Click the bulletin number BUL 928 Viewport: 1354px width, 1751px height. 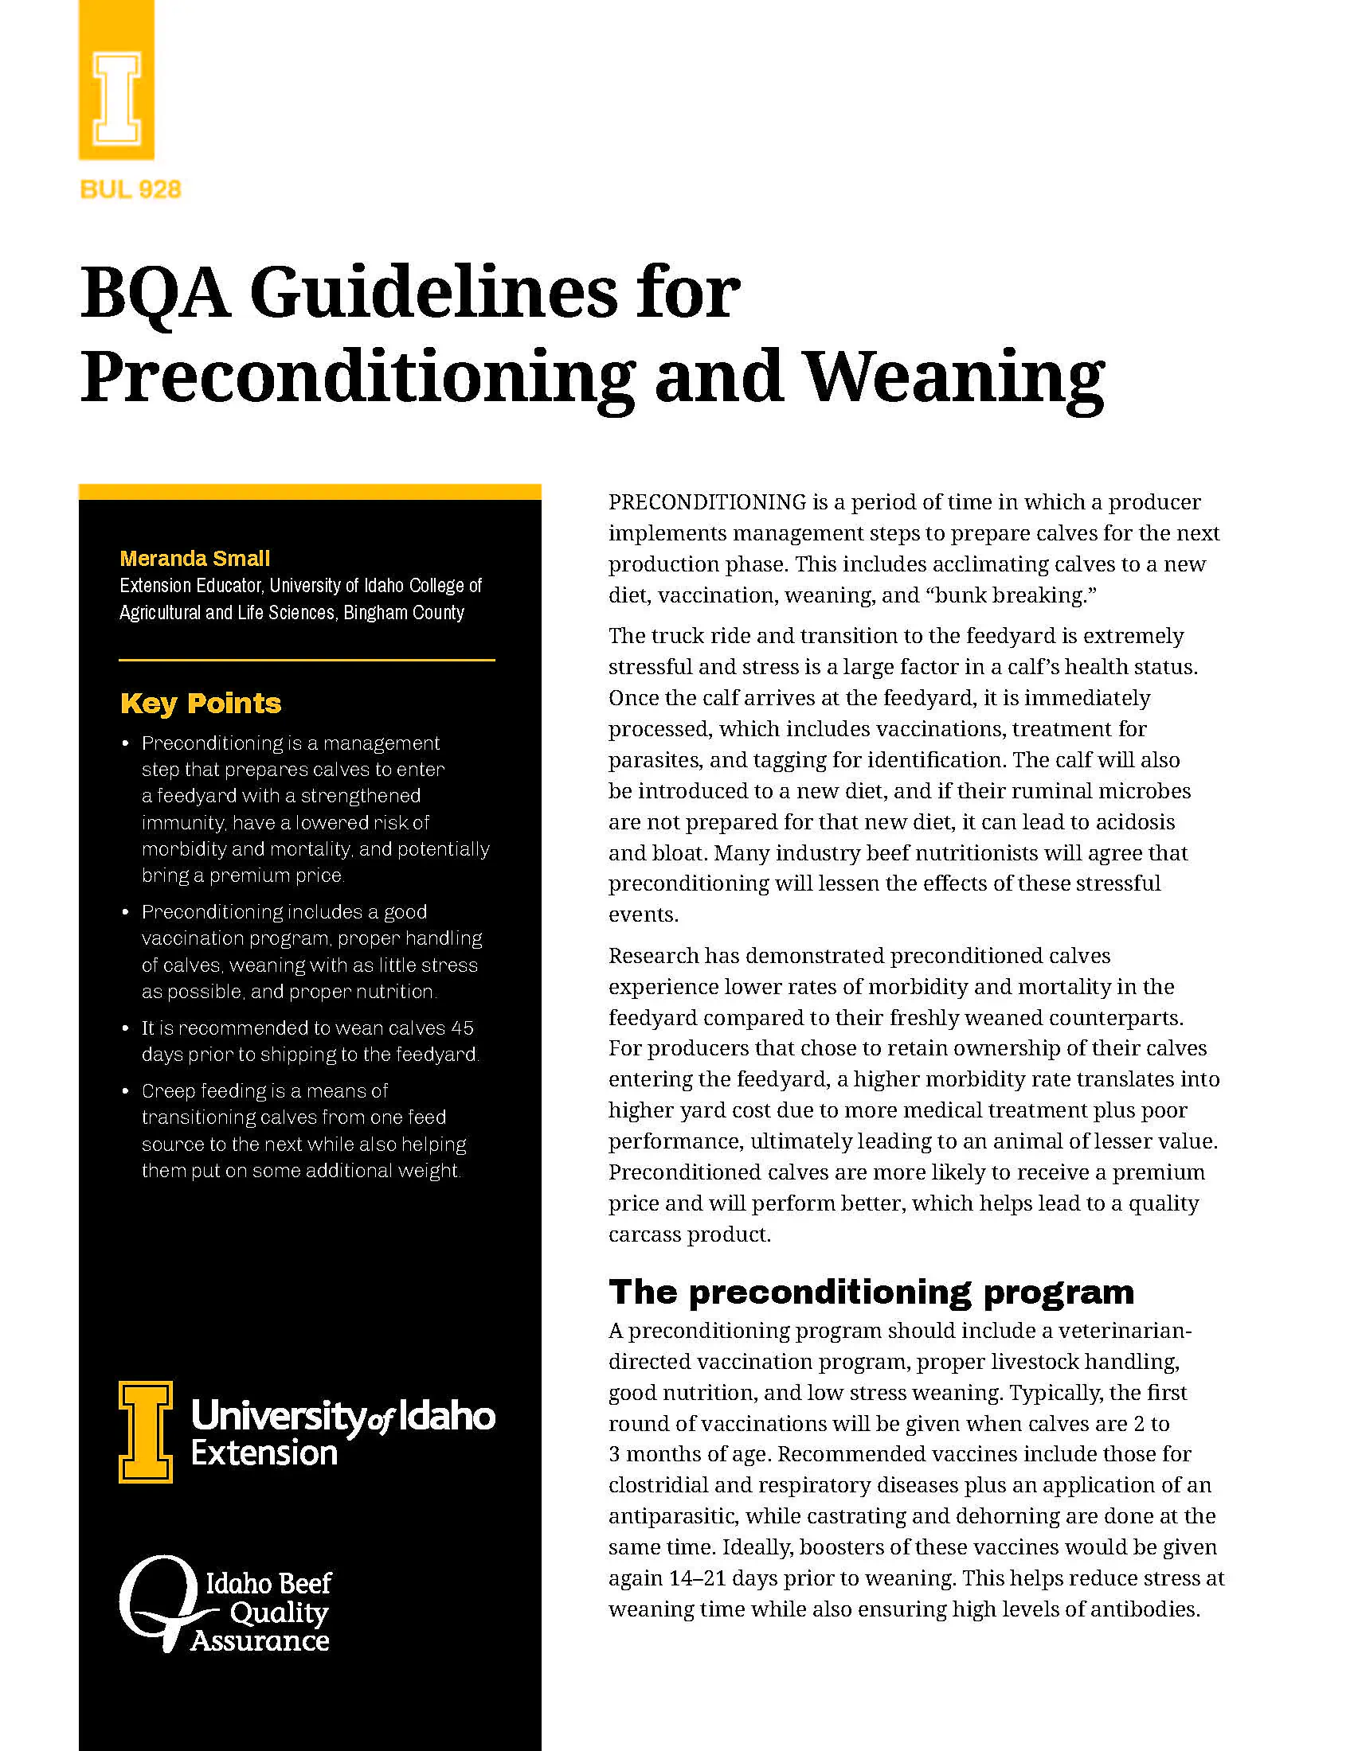click(x=130, y=189)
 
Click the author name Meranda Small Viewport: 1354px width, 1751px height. click(x=195, y=558)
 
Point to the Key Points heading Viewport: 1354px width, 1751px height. click(x=201, y=703)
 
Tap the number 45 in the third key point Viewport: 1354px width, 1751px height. click(x=462, y=1028)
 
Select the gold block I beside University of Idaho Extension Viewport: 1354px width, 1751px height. click(x=145, y=1432)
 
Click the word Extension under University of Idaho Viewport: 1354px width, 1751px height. click(x=264, y=1453)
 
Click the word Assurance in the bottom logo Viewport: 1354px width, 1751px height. click(x=260, y=1640)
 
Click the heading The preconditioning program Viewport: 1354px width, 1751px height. click(x=871, y=1292)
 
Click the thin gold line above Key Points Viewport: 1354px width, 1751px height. click(x=307, y=660)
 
